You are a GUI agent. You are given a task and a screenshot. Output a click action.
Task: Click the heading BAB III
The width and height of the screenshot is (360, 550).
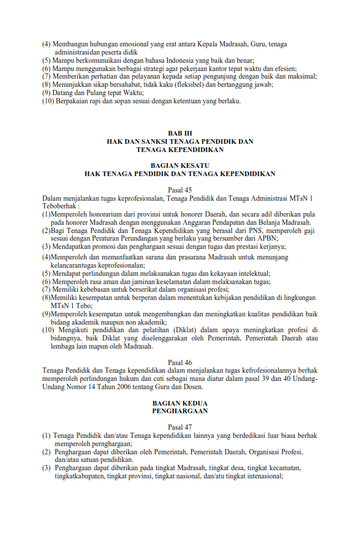click(x=180, y=134)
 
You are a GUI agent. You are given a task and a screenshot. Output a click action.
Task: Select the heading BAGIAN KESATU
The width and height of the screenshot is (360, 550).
click(x=180, y=166)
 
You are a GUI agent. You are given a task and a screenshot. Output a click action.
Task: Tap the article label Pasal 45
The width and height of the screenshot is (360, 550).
click(x=180, y=190)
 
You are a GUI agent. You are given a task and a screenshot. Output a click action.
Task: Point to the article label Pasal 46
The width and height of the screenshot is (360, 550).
click(x=180, y=363)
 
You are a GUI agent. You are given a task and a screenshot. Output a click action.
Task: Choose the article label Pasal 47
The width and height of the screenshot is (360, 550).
click(x=180, y=427)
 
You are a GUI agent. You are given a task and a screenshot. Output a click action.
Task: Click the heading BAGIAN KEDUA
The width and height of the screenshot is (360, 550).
click(x=180, y=403)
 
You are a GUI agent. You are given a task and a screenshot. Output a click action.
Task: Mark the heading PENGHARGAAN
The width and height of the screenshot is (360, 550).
click(x=180, y=411)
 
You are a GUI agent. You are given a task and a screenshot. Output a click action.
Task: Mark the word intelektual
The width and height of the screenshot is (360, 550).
click(x=250, y=273)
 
